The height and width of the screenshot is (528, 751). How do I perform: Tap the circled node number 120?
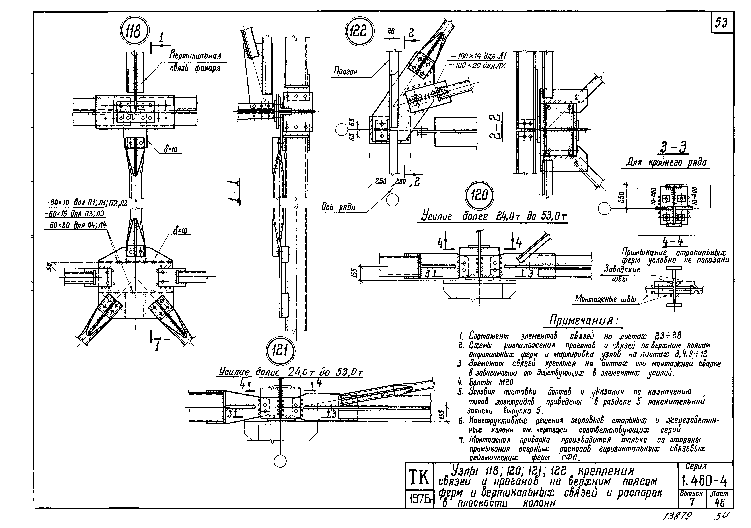[479, 196]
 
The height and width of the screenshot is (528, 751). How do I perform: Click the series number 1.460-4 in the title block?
[705, 481]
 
